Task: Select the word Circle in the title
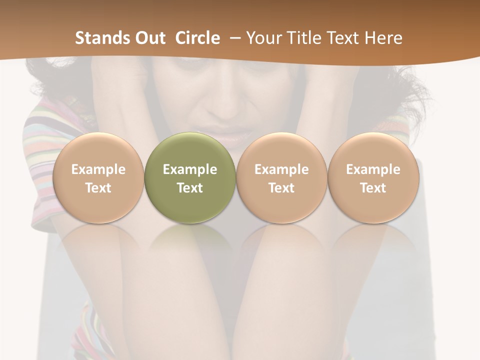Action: coord(197,38)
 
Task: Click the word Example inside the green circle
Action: coord(190,169)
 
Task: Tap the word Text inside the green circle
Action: coord(190,188)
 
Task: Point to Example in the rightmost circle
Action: coord(373,169)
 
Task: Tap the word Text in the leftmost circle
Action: coord(98,188)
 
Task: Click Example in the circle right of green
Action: coord(281,169)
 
